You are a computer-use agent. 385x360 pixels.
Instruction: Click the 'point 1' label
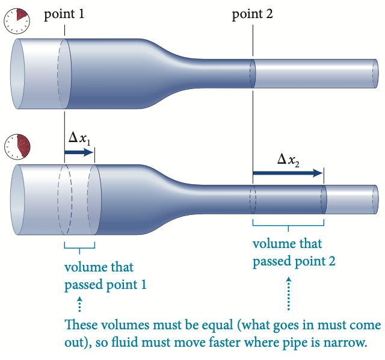click(x=64, y=14)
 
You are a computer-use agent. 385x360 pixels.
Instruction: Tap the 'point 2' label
click(x=253, y=14)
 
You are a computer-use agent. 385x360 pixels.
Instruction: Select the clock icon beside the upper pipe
click(x=16, y=20)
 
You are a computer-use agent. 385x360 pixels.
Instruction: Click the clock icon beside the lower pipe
click(x=17, y=147)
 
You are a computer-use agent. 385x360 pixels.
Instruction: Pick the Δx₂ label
click(x=288, y=160)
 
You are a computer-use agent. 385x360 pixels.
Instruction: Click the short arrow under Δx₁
click(x=79, y=153)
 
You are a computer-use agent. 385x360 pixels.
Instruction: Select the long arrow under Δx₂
click(x=288, y=173)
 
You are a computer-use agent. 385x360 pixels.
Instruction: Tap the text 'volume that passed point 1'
click(x=105, y=276)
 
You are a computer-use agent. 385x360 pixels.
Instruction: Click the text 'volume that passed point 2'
click(x=294, y=253)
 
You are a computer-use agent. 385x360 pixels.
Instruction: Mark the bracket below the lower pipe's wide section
click(x=79, y=245)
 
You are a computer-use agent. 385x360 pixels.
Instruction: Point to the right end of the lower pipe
click(x=375, y=199)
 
